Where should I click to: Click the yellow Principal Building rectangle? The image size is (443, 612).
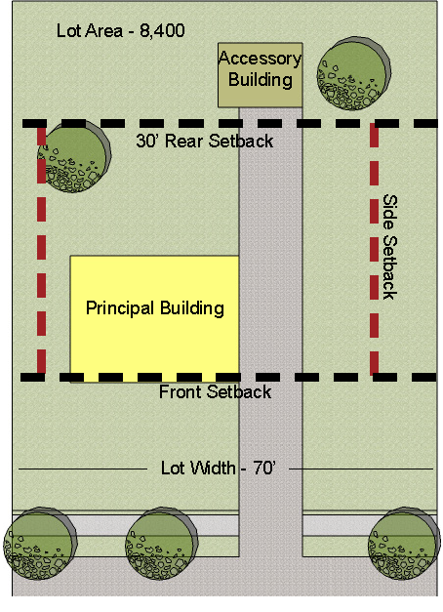(x=154, y=318)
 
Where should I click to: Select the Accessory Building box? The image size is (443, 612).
(x=260, y=74)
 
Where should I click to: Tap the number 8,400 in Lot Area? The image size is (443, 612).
(x=162, y=31)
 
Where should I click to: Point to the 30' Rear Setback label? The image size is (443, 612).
(x=205, y=141)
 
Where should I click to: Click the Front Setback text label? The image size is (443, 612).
(x=215, y=391)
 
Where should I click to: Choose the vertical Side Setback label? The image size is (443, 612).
(x=389, y=247)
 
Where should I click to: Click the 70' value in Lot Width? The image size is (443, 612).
(x=264, y=468)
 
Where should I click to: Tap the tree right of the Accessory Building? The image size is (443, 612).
(x=353, y=73)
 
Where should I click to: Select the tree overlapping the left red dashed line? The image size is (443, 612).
(x=74, y=156)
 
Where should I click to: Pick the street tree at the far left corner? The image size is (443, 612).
(x=40, y=543)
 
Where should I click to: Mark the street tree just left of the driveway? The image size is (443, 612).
(x=162, y=543)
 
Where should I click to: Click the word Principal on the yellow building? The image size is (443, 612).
(x=120, y=308)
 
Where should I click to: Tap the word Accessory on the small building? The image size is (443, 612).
(x=260, y=59)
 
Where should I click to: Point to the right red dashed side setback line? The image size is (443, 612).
(x=375, y=250)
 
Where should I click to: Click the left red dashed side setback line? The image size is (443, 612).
(x=41, y=250)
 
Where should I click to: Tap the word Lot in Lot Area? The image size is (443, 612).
(x=68, y=31)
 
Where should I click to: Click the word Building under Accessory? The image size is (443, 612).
(x=261, y=80)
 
